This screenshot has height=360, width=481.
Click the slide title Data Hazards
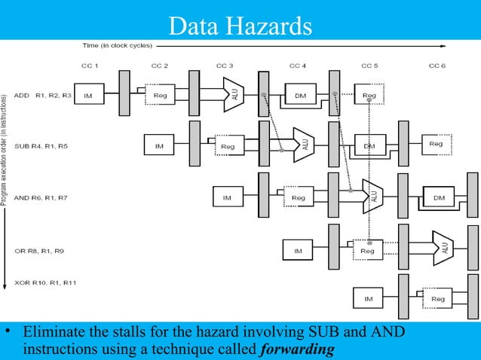point(240,26)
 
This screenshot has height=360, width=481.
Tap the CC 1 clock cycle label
point(89,66)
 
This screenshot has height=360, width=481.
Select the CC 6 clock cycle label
point(437,66)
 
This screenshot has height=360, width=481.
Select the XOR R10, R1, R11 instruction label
point(44,282)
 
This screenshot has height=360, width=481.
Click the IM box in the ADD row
point(88,96)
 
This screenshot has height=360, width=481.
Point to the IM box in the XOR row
point(368,299)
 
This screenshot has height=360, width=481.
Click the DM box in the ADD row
point(300,96)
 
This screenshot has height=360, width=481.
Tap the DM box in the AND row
point(438,197)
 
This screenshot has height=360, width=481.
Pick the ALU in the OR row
point(443,246)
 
